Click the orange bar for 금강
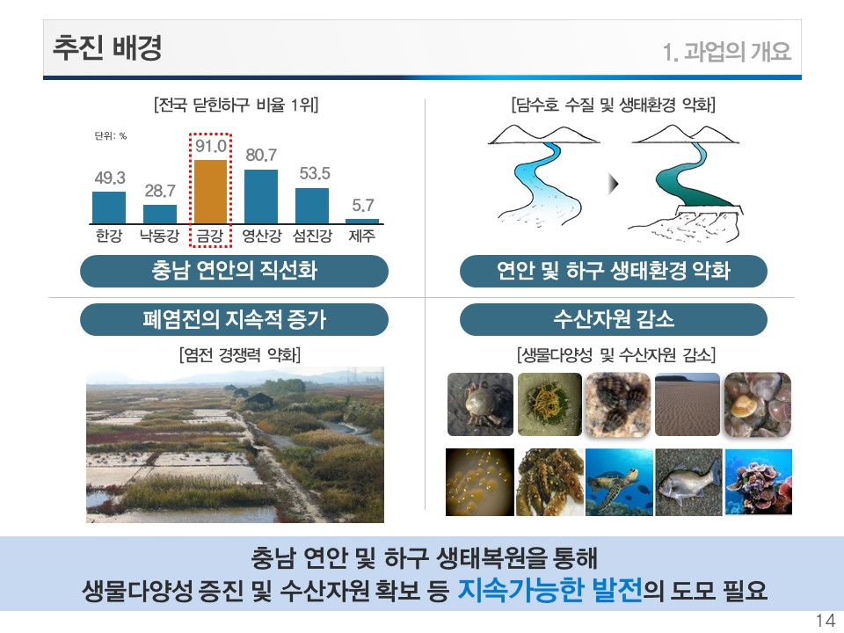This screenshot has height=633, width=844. click(x=210, y=192)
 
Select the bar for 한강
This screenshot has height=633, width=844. click(x=109, y=207)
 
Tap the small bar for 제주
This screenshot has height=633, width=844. click(x=361, y=222)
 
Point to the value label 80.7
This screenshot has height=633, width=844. click(x=261, y=155)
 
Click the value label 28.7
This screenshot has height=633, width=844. click(x=160, y=191)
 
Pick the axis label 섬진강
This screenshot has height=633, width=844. click(x=312, y=236)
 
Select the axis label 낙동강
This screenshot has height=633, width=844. click(x=159, y=236)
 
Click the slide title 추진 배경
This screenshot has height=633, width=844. click(x=107, y=47)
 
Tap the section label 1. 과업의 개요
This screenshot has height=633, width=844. click(x=727, y=52)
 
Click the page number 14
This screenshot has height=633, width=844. click(x=826, y=621)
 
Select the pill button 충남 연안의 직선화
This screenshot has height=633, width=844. click(x=234, y=271)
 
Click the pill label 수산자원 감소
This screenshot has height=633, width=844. click(x=614, y=319)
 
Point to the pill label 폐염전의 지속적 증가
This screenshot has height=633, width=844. click(x=234, y=319)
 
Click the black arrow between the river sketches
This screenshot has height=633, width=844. click(x=613, y=184)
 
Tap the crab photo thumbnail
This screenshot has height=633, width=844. click(x=481, y=404)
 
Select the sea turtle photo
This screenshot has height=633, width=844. click(x=619, y=482)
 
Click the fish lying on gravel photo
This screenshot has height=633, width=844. click(x=688, y=482)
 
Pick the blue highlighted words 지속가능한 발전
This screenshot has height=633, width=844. click(x=549, y=590)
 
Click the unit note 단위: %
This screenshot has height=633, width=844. click(x=111, y=135)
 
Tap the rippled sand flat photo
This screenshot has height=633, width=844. click(x=688, y=404)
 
